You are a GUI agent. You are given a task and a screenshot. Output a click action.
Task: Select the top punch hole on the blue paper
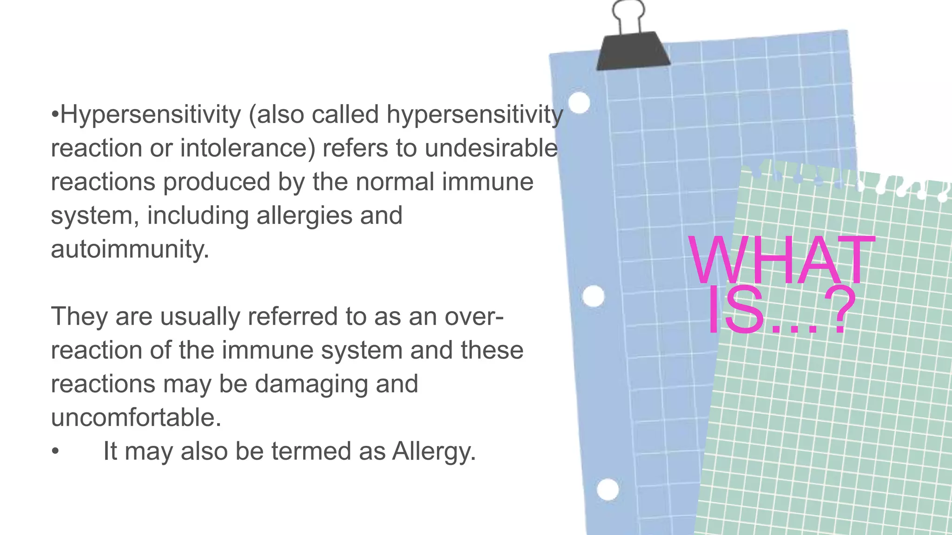click(579, 103)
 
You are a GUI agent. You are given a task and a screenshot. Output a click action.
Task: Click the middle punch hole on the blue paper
click(593, 296)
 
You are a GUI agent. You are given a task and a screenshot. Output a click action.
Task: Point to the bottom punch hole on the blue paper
click(608, 489)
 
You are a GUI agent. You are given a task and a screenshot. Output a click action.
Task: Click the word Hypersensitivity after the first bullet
click(151, 115)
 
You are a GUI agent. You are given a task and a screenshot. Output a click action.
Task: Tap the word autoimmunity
click(130, 249)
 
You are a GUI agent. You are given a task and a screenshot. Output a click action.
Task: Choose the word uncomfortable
click(136, 418)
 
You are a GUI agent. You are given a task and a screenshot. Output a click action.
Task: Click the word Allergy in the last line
click(434, 451)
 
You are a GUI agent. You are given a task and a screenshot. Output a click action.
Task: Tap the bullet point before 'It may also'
click(55, 451)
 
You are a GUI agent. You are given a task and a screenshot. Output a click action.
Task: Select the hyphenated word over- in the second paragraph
click(474, 317)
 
